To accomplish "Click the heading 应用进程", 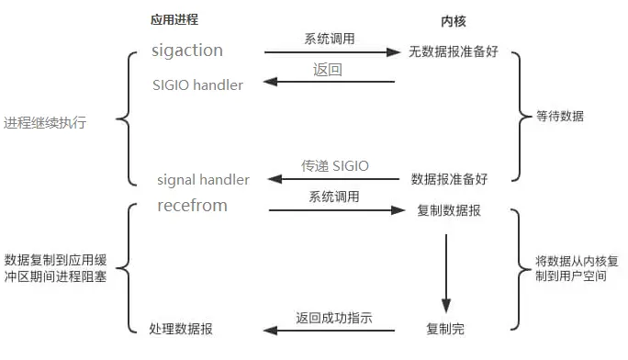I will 174,19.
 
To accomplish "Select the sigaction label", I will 187,51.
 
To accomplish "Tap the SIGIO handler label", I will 197,85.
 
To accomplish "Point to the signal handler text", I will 203,180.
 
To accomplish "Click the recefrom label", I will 192,205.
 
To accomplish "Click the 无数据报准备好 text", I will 452,51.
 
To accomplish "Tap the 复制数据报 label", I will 450,210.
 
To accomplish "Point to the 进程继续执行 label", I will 45,122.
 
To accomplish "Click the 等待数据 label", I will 560,117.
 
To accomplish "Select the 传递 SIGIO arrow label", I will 335,166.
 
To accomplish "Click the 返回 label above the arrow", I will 328,70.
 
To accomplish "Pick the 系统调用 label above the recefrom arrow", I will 333,197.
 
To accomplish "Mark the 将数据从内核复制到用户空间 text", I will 570,268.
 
